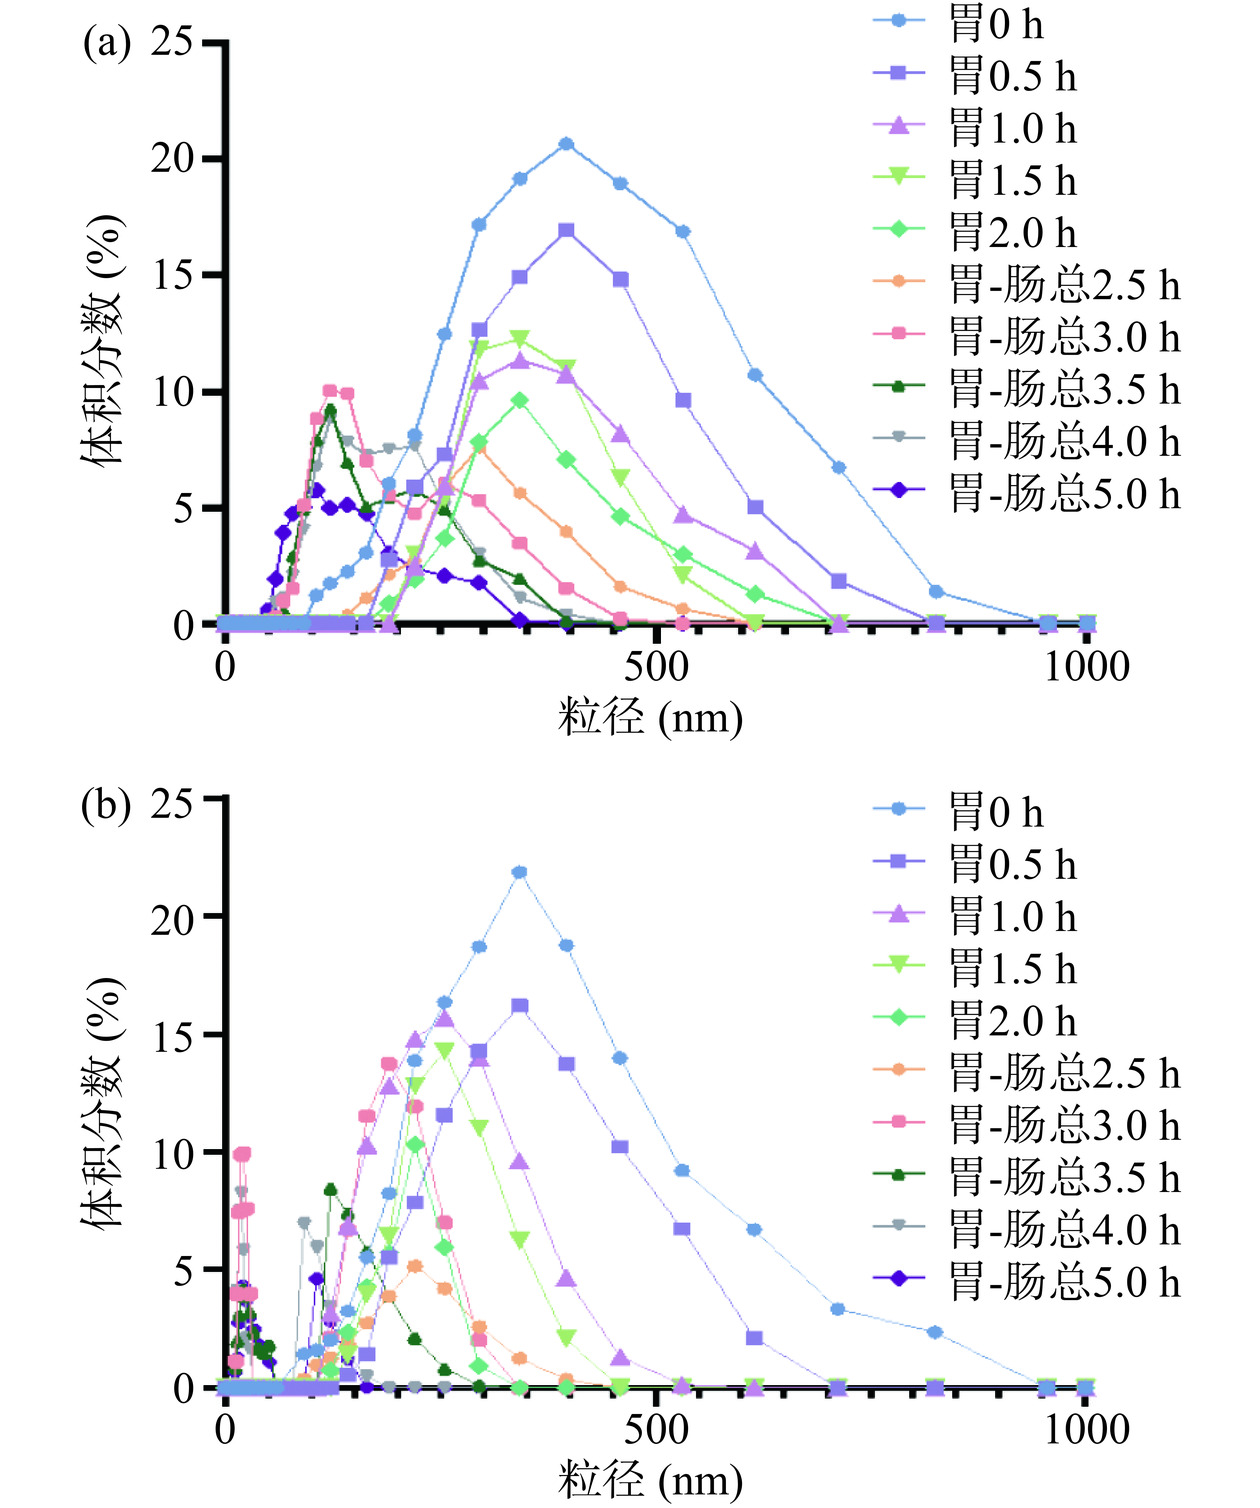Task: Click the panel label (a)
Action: [x=106, y=44]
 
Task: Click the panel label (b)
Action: [x=106, y=804]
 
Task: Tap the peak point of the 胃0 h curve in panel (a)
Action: [x=566, y=144]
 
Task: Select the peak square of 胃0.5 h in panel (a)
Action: [x=566, y=231]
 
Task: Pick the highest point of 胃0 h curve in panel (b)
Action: [x=519, y=872]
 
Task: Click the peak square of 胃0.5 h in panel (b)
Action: [x=519, y=1006]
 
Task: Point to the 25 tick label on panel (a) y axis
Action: [x=171, y=43]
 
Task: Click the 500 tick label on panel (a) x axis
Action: [x=656, y=667]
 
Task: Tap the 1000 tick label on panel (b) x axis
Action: [x=1086, y=1430]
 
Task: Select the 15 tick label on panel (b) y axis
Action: [x=171, y=1035]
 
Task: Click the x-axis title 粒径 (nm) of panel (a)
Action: [x=650, y=717]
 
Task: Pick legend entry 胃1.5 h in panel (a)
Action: [x=1012, y=181]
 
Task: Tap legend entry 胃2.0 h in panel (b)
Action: [x=1012, y=1021]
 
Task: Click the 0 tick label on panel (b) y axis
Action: [x=183, y=1388]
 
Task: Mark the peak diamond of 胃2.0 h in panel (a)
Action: [x=519, y=401]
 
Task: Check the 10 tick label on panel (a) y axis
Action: [x=171, y=392]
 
